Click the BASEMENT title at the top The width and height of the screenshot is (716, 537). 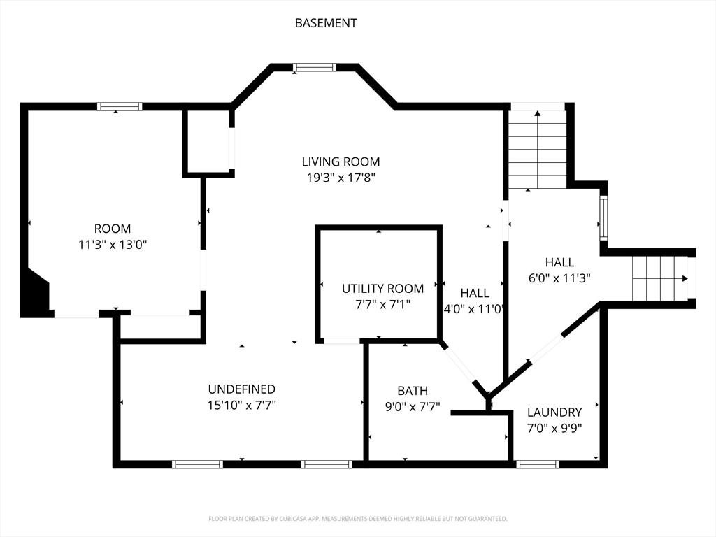pos(326,23)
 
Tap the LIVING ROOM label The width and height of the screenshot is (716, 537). pos(341,162)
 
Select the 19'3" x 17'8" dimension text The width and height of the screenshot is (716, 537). pos(341,178)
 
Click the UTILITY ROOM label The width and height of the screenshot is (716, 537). pos(382,289)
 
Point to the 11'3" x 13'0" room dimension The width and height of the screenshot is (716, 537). pos(113,245)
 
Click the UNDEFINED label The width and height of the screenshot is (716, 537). pos(241,389)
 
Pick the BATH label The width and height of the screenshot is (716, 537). pos(413,391)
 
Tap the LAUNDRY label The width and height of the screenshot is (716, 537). pos(554,413)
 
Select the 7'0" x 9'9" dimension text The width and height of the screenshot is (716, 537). pos(554,429)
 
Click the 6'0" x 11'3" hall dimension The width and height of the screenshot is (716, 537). pos(559,278)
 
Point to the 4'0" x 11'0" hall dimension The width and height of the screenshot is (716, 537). pos(475,309)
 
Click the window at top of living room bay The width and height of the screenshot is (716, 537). pos(315,68)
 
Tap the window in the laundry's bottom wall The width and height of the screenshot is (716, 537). pos(538,464)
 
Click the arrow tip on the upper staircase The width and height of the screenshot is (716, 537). pos(538,112)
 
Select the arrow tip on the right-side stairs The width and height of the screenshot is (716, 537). pos(686,278)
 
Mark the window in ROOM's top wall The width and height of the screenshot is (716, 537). pos(120,107)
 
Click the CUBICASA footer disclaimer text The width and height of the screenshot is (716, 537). pos(357,519)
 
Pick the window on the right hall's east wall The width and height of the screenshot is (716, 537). pos(603,218)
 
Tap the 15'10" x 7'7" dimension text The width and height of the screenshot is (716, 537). pos(241,406)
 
